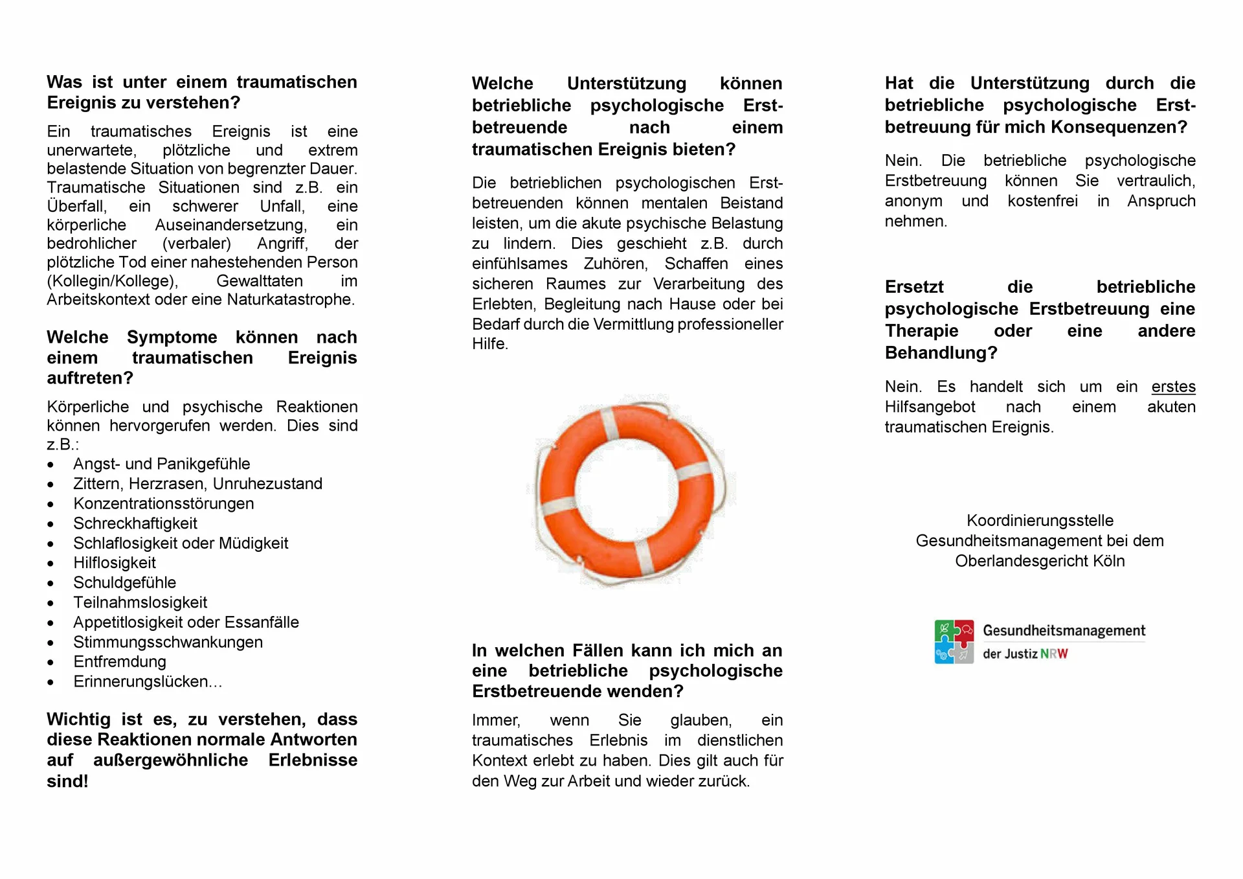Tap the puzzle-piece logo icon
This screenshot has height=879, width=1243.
[x=954, y=641]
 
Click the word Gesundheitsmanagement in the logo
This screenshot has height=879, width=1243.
[x=1064, y=630]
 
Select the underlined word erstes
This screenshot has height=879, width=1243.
[x=1173, y=387]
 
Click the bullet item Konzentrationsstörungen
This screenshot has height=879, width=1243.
[x=163, y=503]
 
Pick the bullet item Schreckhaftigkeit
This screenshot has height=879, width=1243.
[x=135, y=523]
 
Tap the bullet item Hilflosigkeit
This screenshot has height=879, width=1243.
[x=115, y=563]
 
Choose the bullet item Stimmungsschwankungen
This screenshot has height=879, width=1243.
[x=168, y=642]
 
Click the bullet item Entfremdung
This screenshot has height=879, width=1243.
[x=119, y=661]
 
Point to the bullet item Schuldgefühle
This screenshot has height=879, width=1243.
[x=124, y=582]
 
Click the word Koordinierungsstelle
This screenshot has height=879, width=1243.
[x=1040, y=520]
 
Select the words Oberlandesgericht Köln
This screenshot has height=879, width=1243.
[x=1040, y=561]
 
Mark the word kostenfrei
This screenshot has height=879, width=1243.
[x=1042, y=201]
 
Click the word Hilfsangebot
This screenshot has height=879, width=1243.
[x=930, y=407]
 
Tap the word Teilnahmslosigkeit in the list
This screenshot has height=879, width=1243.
[x=140, y=602]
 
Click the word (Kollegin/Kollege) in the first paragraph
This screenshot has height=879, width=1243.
[x=112, y=281]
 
